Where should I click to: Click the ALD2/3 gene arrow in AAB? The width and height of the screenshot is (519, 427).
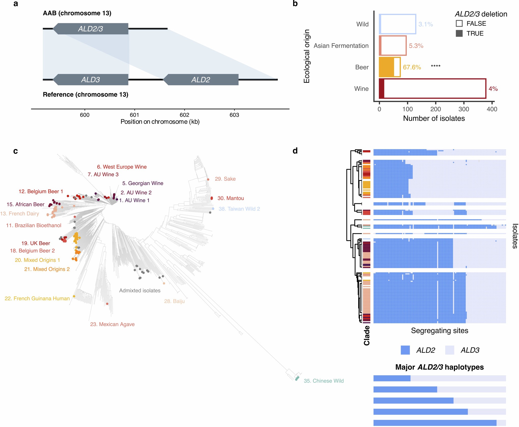tap(91, 29)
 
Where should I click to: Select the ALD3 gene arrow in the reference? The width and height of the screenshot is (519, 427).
tap(91, 79)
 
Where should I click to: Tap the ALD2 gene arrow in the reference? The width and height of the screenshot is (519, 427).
tap(201, 79)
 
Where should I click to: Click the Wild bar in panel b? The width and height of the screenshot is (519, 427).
tap(397, 24)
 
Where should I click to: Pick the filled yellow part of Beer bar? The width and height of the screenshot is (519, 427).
tap(386, 67)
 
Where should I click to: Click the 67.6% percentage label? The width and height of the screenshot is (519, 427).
tap(412, 67)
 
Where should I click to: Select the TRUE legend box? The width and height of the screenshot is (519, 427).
tap(459, 33)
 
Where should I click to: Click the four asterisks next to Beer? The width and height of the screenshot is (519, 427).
tap(436, 66)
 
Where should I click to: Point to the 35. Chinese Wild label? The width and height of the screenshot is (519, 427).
tap(324, 381)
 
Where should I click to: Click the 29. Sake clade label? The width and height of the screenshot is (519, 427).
tap(225, 179)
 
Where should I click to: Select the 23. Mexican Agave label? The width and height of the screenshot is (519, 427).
tap(112, 324)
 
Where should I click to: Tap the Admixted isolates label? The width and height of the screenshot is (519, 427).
tap(140, 290)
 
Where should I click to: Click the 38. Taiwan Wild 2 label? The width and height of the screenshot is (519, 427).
tap(239, 209)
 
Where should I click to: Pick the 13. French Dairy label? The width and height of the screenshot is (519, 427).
tap(20, 213)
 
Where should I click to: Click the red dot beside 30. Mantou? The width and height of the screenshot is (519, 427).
tap(212, 198)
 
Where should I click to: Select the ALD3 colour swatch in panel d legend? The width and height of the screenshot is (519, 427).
tap(450, 350)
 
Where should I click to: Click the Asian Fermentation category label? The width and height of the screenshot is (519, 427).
tap(341, 46)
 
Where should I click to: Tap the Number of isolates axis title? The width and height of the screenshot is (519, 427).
tap(434, 118)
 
